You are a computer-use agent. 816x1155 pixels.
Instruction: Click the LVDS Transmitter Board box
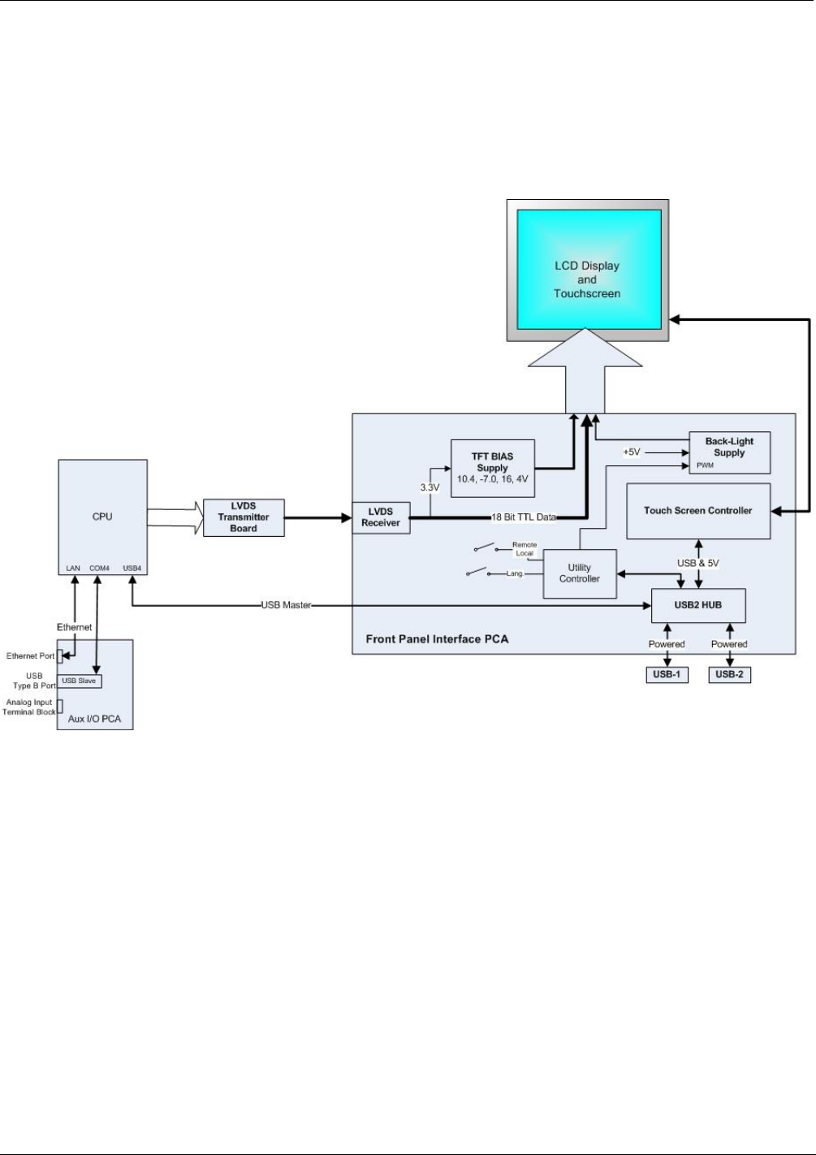click(244, 517)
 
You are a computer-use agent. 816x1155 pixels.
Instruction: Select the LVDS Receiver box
click(381, 517)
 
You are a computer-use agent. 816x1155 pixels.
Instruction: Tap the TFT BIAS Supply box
click(492, 468)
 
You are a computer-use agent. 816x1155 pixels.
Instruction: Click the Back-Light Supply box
click(729, 452)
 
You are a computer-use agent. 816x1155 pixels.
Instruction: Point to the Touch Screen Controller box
click(698, 511)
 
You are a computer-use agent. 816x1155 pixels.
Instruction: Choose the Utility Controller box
click(580, 573)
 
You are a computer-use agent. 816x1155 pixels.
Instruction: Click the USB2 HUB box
click(698, 605)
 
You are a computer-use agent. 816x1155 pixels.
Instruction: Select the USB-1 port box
click(667, 674)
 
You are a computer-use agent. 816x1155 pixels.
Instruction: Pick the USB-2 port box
click(729, 674)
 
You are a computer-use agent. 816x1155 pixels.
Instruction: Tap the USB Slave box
click(79, 681)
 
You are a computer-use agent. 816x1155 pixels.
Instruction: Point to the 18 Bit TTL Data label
click(524, 517)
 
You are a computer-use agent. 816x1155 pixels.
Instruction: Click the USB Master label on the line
click(286, 605)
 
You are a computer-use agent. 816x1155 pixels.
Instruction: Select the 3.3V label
click(430, 488)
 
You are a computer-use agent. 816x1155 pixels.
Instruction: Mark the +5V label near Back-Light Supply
click(632, 452)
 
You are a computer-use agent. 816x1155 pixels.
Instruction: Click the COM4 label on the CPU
click(99, 568)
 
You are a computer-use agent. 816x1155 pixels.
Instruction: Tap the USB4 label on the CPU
click(132, 568)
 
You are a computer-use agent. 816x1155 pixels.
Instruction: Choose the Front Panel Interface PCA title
click(437, 639)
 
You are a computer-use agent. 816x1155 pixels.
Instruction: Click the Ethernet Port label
click(31, 656)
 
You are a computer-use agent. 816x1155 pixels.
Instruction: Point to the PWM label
click(705, 465)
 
